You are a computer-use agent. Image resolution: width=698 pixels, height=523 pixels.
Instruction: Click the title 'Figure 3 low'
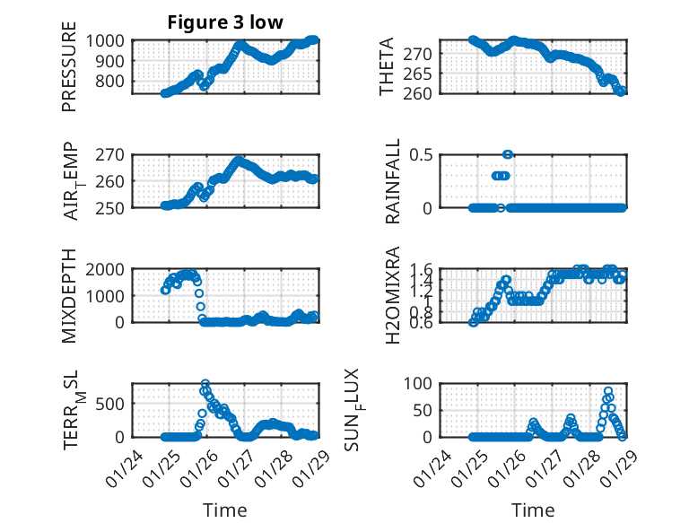(x=225, y=22)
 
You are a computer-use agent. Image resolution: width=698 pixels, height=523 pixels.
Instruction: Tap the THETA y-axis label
(x=387, y=66)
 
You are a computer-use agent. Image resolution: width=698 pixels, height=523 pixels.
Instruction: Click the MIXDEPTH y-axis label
(x=69, y=294)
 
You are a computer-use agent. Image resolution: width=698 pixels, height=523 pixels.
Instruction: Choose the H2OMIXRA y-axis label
(x=392, y=294)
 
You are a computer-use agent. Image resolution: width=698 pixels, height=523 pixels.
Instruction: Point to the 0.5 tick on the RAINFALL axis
(x=427, y=154)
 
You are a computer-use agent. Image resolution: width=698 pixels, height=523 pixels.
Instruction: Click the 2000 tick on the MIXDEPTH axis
(x=109, y=269)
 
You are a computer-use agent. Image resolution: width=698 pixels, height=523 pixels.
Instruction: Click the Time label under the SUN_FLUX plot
(x=533, y=510)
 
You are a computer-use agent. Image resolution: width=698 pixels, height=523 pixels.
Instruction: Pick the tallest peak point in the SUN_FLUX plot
(x=608, y=391)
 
